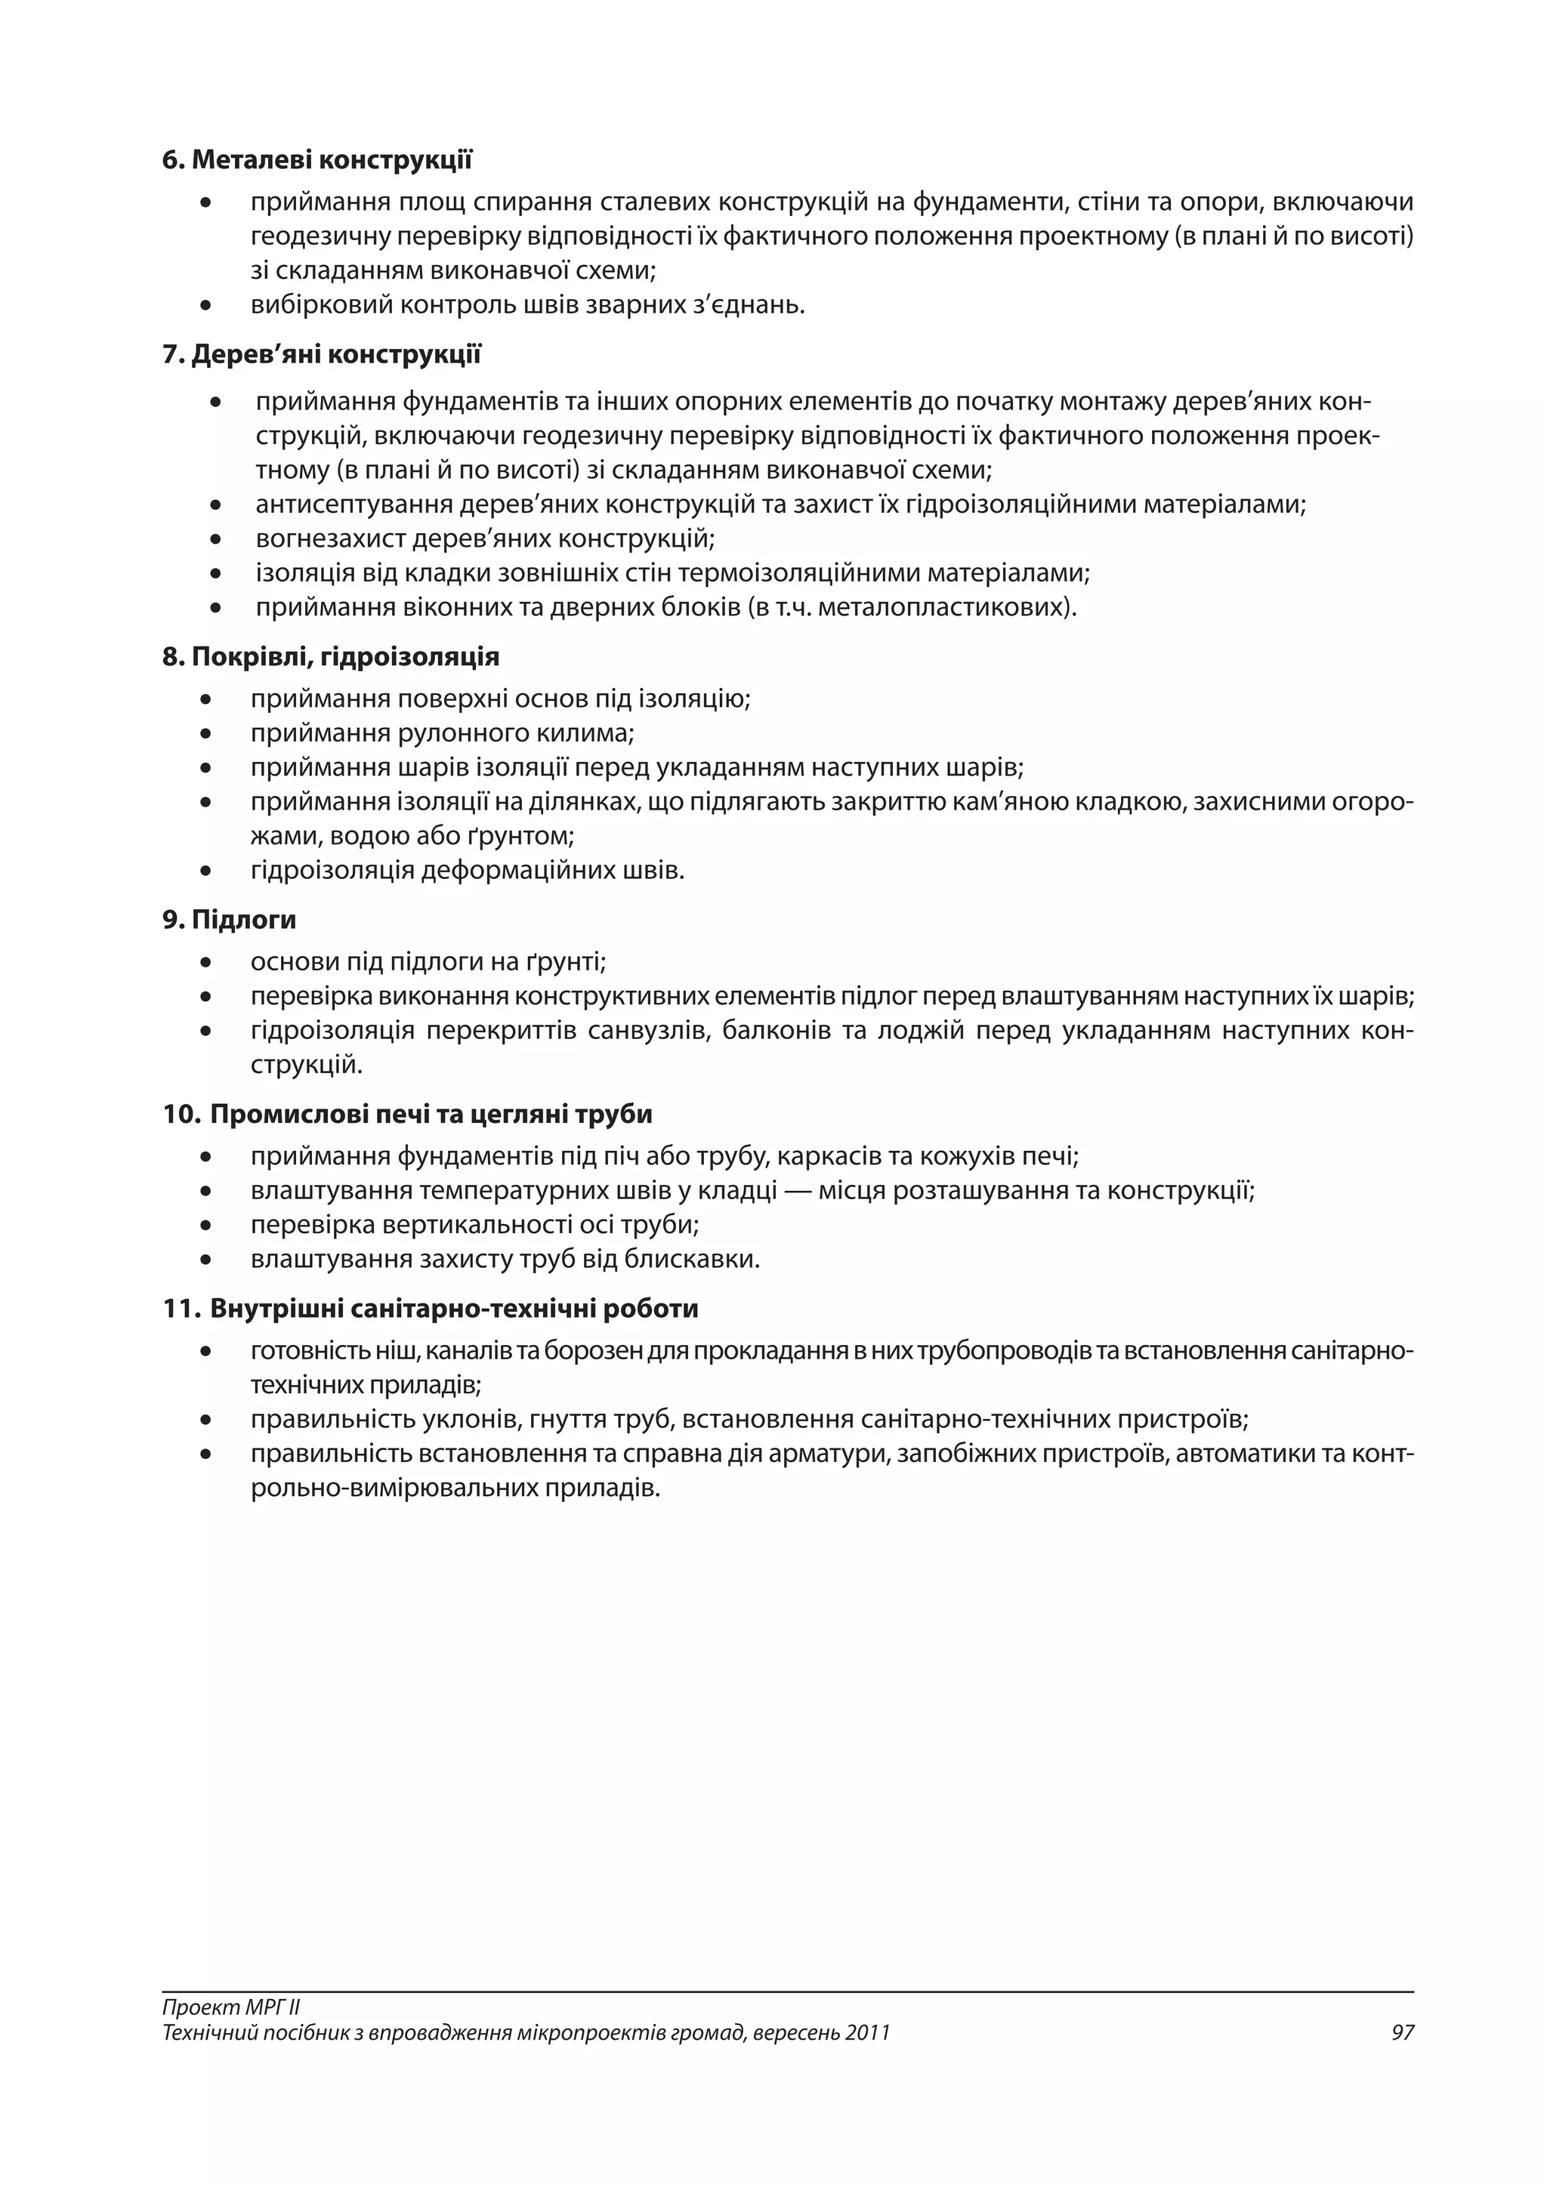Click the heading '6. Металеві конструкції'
click(317, 160)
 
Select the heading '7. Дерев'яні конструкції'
click(322, 355)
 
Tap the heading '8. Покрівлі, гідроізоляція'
click(331, 657)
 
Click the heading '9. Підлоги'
click(230, 920)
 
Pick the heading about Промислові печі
click(408, 1115)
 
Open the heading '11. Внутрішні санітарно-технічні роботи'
click(431, 1309)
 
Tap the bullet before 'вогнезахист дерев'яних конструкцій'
click(216, 540)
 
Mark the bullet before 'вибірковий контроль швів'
click(205, 307)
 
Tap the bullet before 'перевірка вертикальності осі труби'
click(205, 1226)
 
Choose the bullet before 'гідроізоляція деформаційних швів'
click(205, 871)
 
